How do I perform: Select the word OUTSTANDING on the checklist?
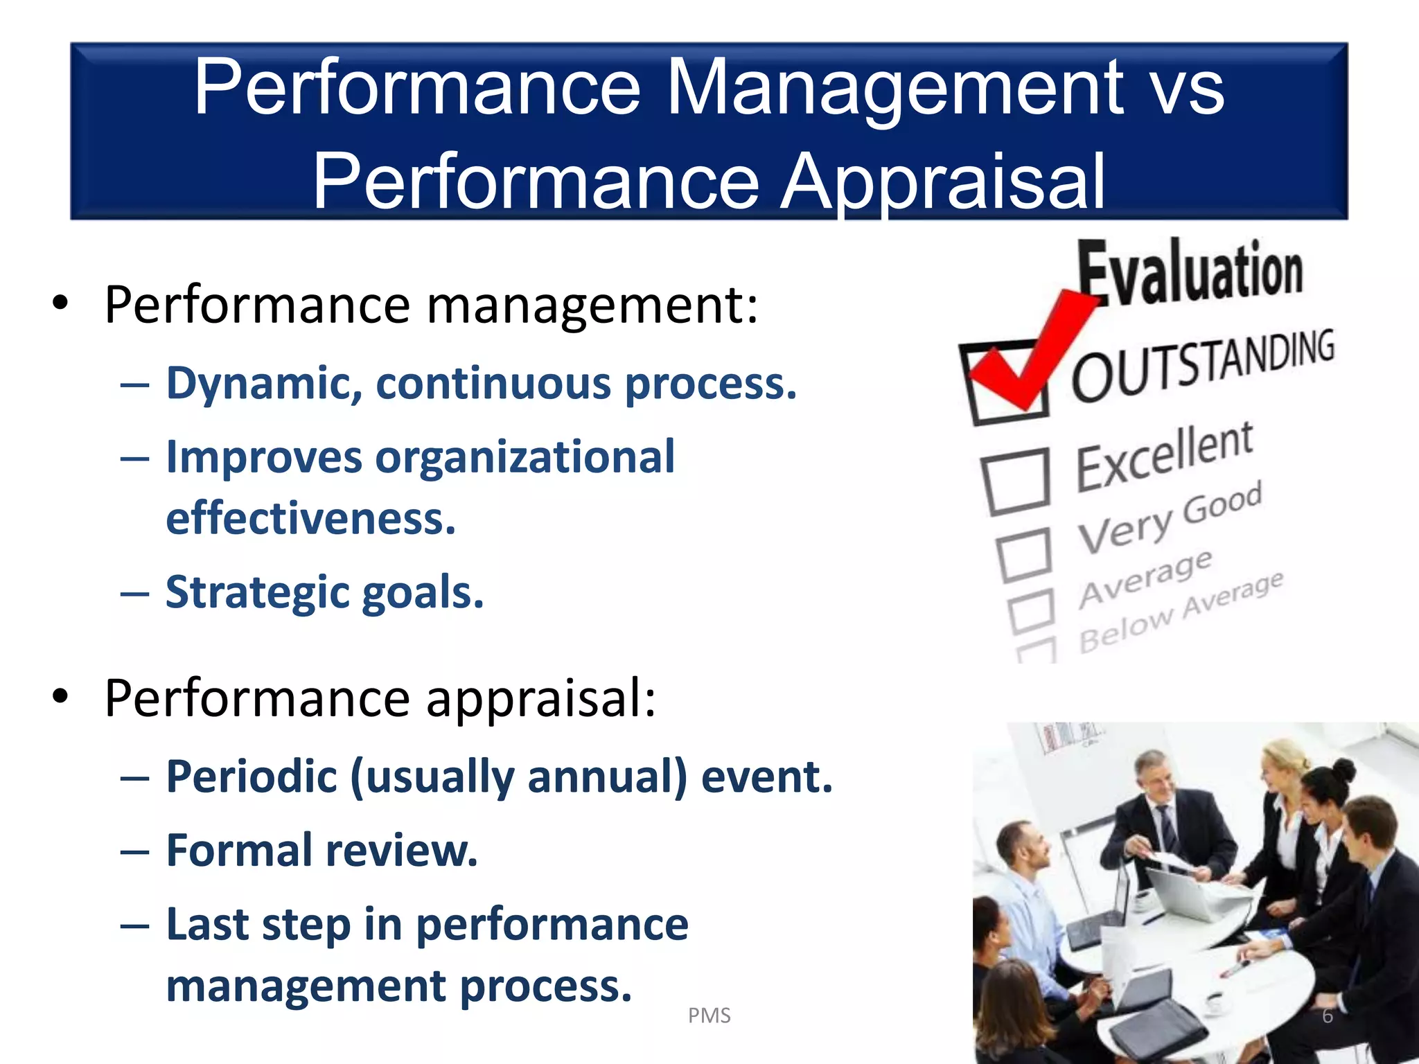tap(1203, 367)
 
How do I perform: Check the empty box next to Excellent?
tap(1016, 481)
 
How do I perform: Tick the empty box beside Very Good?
tap(1025, 554)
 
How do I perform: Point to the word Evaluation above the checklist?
tap(1190, 272)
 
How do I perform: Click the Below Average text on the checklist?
tap(1181, 613)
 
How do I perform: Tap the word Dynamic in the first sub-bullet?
tap(263, 383)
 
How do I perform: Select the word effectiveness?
tap(310, 518)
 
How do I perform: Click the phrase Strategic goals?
tap(324, 592)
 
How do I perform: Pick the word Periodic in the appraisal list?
tap(251, 777)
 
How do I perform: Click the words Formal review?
tap(322, 851)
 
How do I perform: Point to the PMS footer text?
tap(709, 1016)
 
